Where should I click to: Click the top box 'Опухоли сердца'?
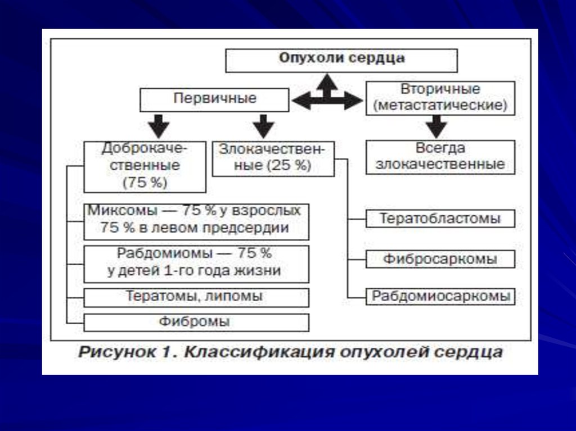pyautogui.click(x=341, y=60)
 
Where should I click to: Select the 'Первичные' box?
pyautogui.click(x=214, y=99)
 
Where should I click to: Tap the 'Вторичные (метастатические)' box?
pyautogui.click(x=440, y=98)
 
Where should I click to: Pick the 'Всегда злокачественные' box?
pyautogui.click(x=440, y=157)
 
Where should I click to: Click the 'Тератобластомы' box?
pyautogui.click(x=440, y=218)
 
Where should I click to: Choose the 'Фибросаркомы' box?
pyautogui.click(x=440, y=259)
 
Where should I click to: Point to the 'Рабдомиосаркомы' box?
pyautogui.click(x=440, y=296)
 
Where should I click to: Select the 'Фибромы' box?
pyautogui.click(x=196, y=323)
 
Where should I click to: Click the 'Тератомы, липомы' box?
pyautogui.click(x=196, y=296)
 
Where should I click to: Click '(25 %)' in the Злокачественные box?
pyautogui.click(x=289, y=166)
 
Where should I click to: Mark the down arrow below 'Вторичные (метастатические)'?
pyautogui.click(x=436, y=126)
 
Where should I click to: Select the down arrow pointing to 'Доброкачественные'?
pyautogui.click(x=158, y=125)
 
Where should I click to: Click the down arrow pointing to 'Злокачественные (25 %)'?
pyautogui.click(x=263, y=125)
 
